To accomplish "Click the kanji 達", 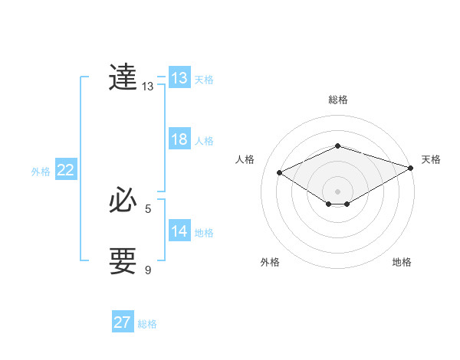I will click(123, 77).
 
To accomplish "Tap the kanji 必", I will click(123, 201).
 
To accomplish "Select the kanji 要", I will click(123, 260).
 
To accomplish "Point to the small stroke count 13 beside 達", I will click(147, 87).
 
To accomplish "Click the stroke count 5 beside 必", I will click(148, 208).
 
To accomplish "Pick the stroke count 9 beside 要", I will click(148, 270).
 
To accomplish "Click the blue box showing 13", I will click(179, 78).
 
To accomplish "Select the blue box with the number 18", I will click(179, 139).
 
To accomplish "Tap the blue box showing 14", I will click(179, 231).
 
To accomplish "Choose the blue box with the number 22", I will click(65, 170).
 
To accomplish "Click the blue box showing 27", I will click(122, 322).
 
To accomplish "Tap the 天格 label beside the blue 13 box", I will click(204, 79).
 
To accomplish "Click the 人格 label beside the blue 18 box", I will click(204, 141).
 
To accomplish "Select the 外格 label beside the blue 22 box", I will click(41, 172).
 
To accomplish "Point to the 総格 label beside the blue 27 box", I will click(147, 324).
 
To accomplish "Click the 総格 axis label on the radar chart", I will click(337, 100).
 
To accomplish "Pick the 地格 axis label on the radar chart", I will click(402, 262).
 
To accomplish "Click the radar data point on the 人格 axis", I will click(280, 173).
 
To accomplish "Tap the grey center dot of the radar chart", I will click(337, 191).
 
